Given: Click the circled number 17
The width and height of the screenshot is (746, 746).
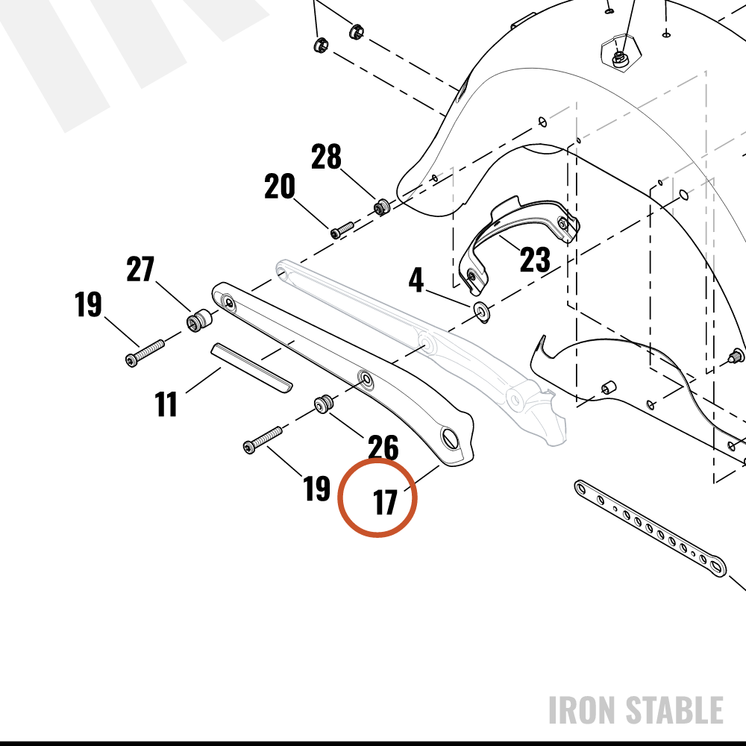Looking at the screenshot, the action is (x=385, y=502).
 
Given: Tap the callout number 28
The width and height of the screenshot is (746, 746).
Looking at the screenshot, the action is (x=327, y=157).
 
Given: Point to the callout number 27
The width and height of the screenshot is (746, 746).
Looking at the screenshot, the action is (x=140, y=269).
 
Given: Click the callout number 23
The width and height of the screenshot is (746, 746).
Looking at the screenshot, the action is (x=535, y=260).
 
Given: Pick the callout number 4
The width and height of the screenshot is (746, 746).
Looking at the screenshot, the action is (x=416, y=280).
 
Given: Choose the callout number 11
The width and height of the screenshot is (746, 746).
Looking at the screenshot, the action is (x=166, y=404).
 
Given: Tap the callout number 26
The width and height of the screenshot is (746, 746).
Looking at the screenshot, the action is (x=383, y=448).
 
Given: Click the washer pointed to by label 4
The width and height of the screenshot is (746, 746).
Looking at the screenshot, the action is (x=483, y=312).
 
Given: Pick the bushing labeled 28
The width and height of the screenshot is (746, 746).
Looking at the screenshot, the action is (x=381, y=207).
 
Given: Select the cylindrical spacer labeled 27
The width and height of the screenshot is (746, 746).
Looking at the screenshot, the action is (x=199, y=320).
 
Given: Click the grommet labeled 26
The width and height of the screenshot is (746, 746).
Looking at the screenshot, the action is (x=324, y=404).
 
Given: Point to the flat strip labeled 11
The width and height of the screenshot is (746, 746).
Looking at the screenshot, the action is (x=251, y=368).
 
